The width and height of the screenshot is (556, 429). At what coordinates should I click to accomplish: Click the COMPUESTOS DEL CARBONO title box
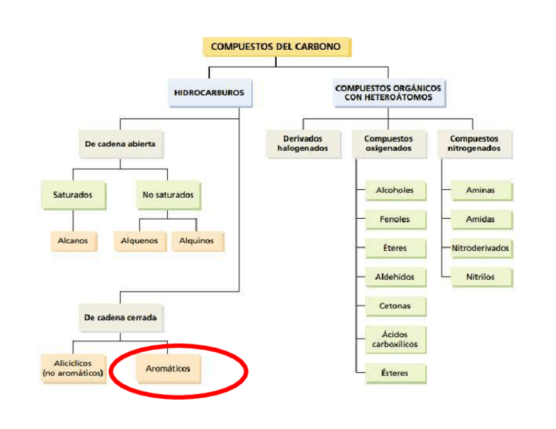point(275,47)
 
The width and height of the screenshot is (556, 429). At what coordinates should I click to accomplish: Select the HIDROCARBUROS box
point(208,92)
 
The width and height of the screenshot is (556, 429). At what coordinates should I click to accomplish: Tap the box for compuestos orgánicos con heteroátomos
point(388,92)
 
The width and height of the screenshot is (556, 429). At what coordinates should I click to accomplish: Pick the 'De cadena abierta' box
point(120,143)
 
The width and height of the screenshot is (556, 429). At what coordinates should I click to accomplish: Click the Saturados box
point(72,195)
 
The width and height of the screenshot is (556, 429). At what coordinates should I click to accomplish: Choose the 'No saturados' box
point(168,195)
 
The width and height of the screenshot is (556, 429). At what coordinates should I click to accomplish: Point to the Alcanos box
point(72,240)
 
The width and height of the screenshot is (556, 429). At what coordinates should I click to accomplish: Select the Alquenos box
point(140,240)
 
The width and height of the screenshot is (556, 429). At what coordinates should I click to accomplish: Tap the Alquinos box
point(197,240)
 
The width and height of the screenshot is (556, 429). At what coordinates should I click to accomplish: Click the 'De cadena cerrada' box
point(120,317)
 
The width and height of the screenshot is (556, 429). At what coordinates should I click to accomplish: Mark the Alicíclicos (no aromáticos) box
point(72,367)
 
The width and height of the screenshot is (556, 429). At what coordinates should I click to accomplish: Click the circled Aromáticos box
point(169,368)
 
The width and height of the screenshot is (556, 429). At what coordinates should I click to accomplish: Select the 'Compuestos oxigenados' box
point(388,143)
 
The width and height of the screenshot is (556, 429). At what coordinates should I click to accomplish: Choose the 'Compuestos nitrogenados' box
point(473,143)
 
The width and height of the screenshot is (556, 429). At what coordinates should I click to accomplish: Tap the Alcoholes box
point(395,191)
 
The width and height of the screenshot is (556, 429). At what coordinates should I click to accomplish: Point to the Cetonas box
point(395,306)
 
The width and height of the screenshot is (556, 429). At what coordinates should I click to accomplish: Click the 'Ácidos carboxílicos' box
point(395,339)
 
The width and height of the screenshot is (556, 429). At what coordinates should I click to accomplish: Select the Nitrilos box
point(481,277)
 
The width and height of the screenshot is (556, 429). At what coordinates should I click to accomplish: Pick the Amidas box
point(481,219)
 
